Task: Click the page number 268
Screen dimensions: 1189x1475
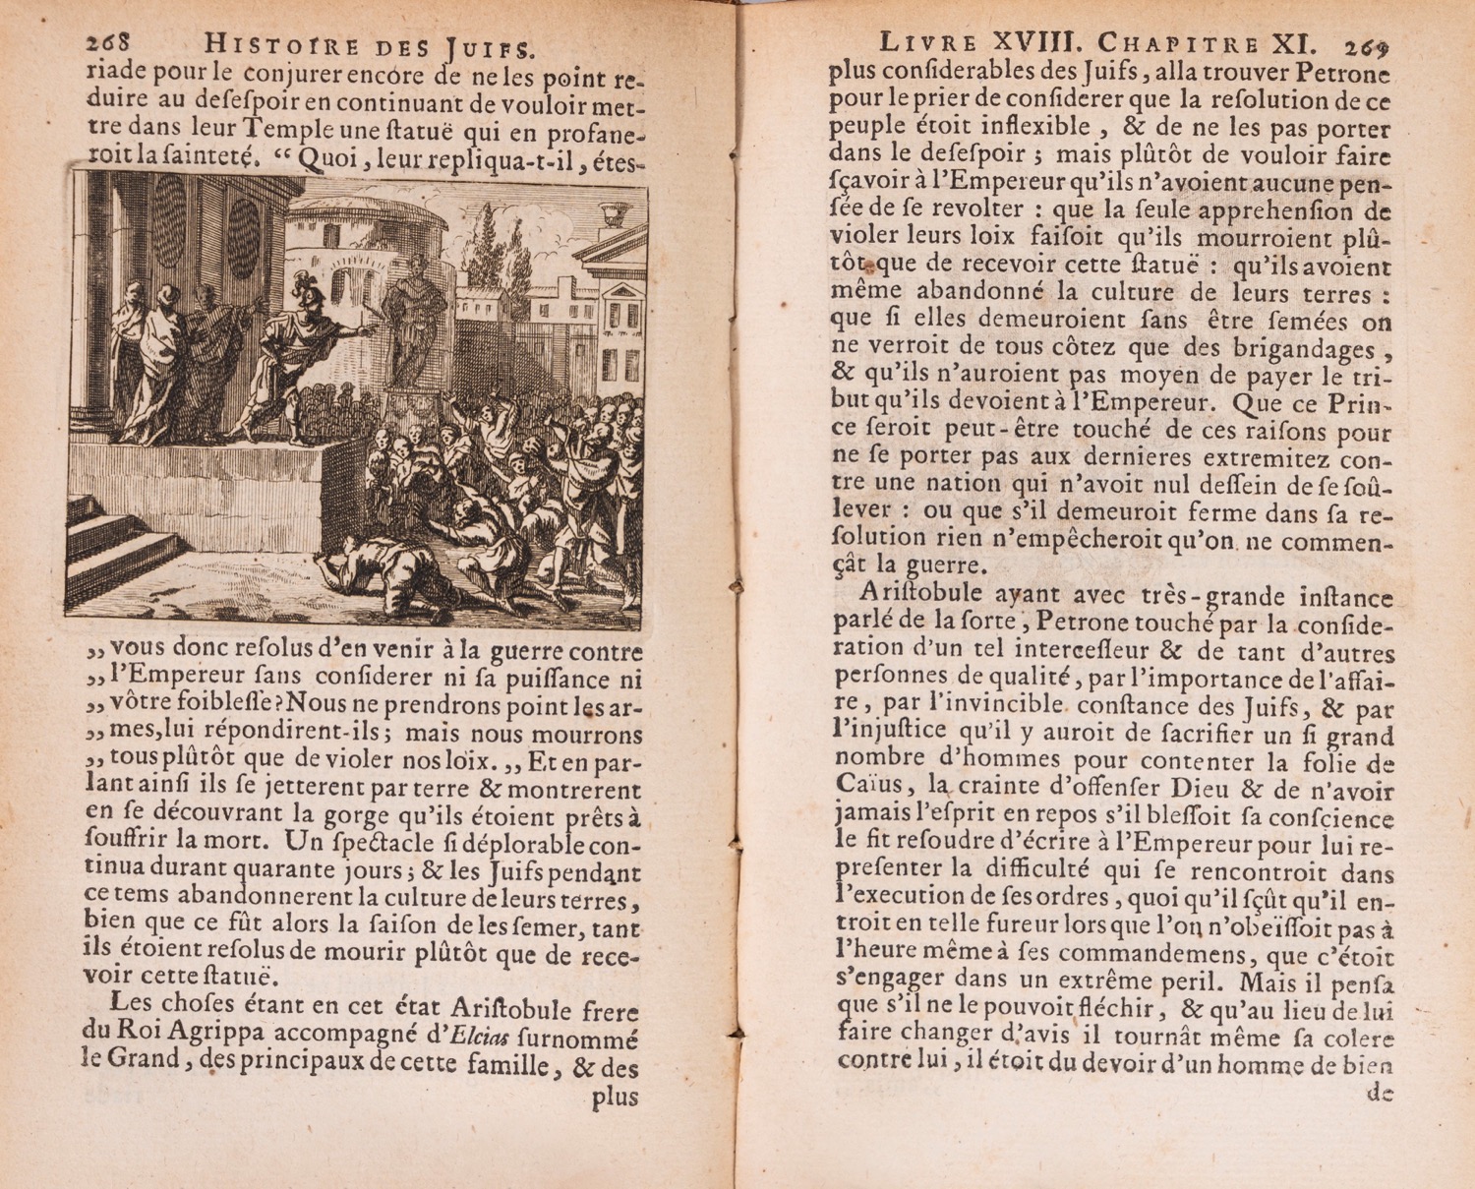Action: [108, 44]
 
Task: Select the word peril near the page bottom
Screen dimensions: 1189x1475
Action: [1192, 981]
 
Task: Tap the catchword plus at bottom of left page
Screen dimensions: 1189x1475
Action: [615, 1099]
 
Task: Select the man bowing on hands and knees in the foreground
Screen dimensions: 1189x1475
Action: [383, 575]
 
